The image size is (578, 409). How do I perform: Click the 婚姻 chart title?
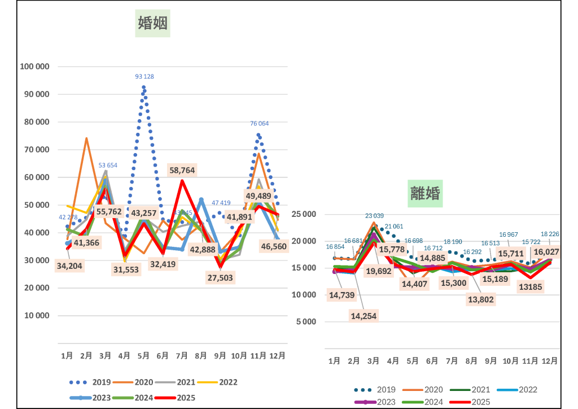(153, 23)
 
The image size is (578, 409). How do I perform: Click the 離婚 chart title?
(424, 193)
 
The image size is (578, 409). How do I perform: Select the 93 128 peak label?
(144, 76)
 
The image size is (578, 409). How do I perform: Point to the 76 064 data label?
(260, 123)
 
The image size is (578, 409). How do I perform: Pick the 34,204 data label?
(69, 267)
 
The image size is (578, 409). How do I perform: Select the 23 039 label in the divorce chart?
(374, 216)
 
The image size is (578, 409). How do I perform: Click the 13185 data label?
(532, 287)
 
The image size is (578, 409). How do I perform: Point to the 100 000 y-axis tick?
(35, 66)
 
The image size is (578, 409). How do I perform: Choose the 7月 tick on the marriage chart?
(182, 356)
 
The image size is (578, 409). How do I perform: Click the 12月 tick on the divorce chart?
(550, 360)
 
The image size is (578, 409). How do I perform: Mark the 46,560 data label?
(274, 246)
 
